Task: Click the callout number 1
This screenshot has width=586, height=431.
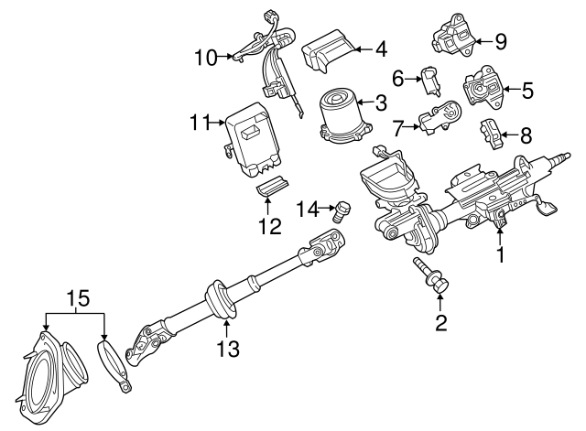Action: pos(500,256)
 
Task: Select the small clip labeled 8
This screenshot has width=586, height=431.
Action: pos(489,133)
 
